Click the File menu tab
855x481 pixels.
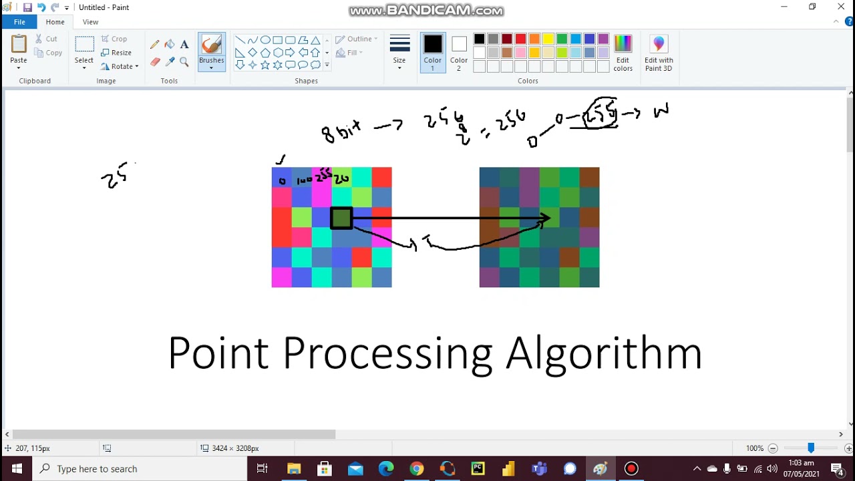click(x=19, y=22)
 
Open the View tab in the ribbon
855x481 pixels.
click(x=90, y=22)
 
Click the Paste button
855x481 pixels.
click(x=19, y=50)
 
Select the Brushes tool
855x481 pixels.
click(x=211, y=51)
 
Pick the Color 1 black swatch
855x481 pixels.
click(x=433, y=45)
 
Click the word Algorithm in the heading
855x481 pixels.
click(x=604, y=353)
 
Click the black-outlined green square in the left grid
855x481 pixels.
click(x=341, y=218)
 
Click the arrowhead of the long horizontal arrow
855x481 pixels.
click(x=546, y=218)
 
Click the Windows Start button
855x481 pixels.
click(x=17, y=468)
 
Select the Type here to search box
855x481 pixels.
click(x=140, y=468)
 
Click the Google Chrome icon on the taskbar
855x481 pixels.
click(x=416, y=468)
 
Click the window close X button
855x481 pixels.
click(x=840, y=7)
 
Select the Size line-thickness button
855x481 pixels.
click(x=399, y=51)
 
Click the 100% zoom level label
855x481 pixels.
click(x=754, y=448)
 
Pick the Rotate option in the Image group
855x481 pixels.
click(x=120, y=66)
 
